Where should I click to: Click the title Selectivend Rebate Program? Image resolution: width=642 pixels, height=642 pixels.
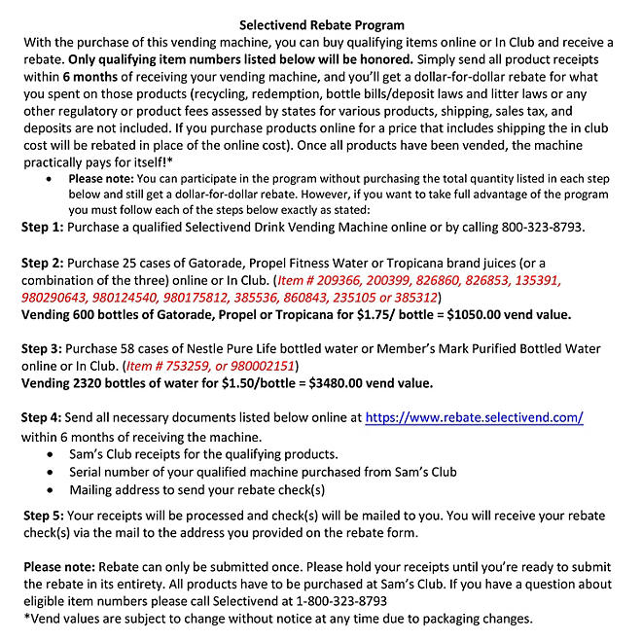tap(321, 23)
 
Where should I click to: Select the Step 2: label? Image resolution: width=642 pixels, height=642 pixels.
tap(43, 264)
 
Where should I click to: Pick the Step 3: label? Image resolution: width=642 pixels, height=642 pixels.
tap(43, 348)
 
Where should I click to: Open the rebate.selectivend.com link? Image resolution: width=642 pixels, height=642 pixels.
tap(474, 417)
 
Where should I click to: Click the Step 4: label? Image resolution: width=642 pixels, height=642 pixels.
tap(43, 417)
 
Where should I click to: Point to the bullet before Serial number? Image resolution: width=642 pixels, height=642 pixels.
tap(50, 472)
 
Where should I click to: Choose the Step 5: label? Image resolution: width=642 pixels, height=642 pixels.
tap(43, 515)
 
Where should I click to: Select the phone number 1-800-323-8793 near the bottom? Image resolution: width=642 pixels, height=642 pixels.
tap(329, 602)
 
